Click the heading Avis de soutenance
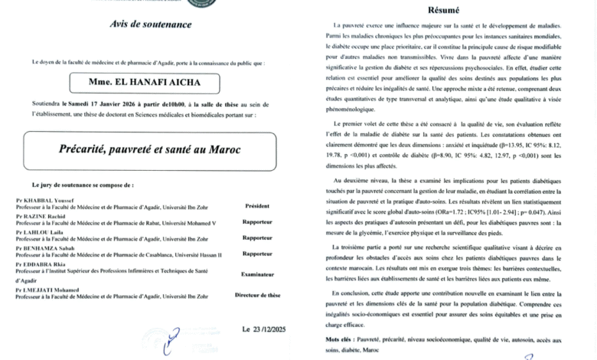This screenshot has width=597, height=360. [x=152, y=25]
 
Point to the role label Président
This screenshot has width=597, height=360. [x=256, y=206]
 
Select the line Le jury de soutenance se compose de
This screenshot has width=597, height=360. [x=83, y=186]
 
